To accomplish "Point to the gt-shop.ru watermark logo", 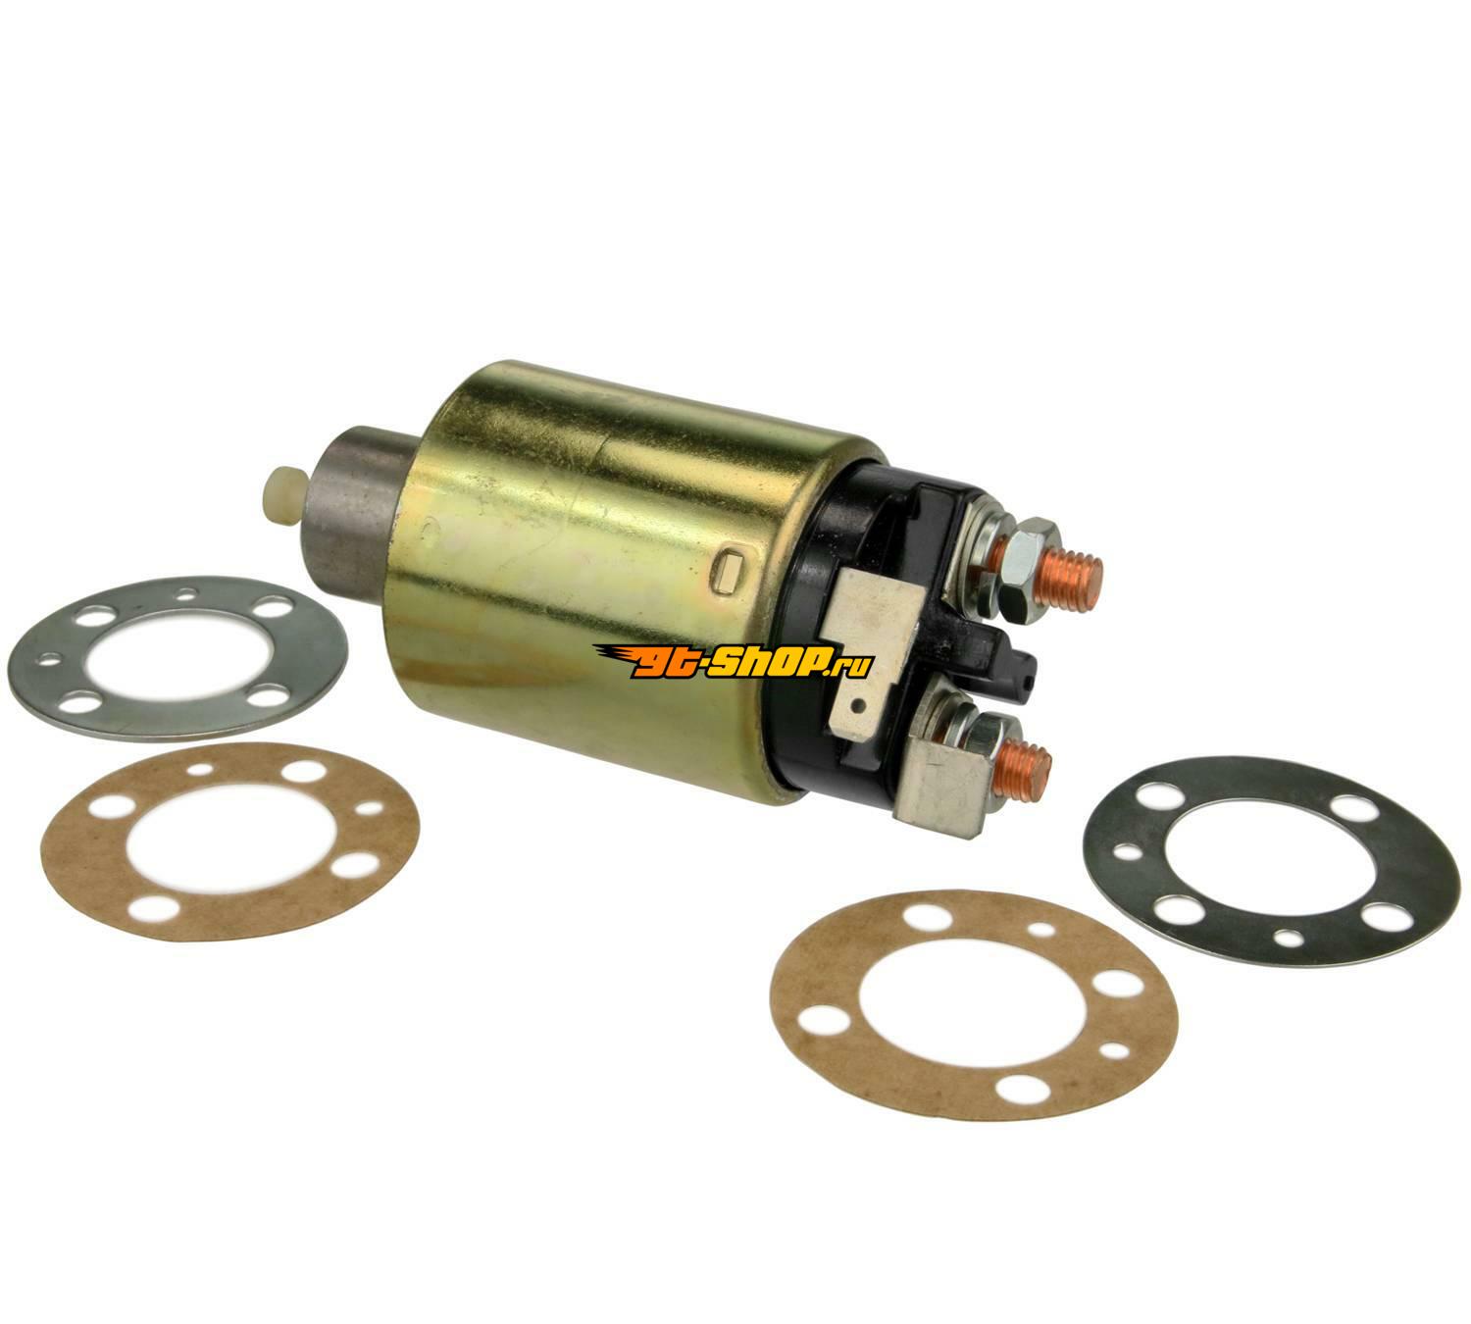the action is click(x=734, y=662).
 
